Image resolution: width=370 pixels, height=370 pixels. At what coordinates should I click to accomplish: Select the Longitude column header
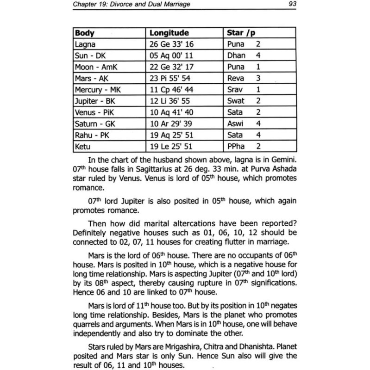169,33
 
